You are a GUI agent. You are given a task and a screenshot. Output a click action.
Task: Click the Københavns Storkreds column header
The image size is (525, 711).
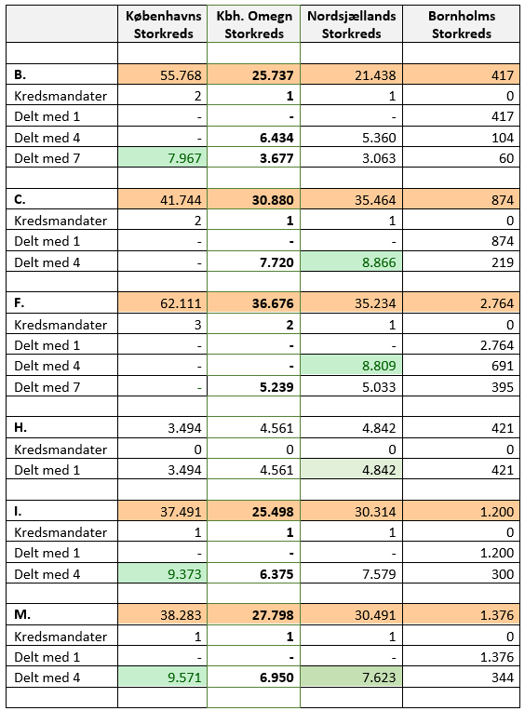pos(163,24)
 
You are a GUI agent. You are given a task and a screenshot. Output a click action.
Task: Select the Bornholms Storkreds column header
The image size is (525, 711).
pos(462,24)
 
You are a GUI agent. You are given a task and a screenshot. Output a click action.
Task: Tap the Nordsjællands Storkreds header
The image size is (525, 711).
pos(351,24)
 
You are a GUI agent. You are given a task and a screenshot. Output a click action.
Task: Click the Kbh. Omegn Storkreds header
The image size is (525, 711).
pos(254,24)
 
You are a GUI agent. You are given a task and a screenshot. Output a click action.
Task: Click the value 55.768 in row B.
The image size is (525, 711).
pos(181,75)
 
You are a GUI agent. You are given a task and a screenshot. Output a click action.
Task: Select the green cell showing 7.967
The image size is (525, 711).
pos(163,158)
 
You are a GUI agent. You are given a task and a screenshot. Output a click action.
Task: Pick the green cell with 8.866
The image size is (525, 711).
pos(351,262)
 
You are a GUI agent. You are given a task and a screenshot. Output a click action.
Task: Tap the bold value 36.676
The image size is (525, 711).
pos(273,303)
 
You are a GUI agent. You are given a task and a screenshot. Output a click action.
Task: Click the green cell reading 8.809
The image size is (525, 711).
pos(351,366)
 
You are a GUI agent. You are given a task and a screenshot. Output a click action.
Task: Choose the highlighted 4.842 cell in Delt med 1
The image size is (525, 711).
pos(351,470)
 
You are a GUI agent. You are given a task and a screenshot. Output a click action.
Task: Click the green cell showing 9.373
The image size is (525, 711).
pos(163,574)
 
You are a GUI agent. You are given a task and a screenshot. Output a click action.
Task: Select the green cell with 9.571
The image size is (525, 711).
pos(163,677)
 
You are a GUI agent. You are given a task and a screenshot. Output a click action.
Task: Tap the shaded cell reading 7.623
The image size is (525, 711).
pos(351,677)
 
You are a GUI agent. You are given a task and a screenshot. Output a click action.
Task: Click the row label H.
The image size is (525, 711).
pos(20,427)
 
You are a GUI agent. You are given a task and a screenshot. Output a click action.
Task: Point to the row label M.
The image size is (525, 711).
pos(22,614)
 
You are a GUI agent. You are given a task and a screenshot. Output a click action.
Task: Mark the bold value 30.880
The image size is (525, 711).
pos(273,200)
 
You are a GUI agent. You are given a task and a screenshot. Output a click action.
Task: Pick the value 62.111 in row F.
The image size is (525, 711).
pos(181,303)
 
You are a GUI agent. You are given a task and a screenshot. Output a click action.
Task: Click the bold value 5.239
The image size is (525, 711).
pos(276,387)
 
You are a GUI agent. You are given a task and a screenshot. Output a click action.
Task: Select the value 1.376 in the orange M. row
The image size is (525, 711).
pos(497,615)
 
